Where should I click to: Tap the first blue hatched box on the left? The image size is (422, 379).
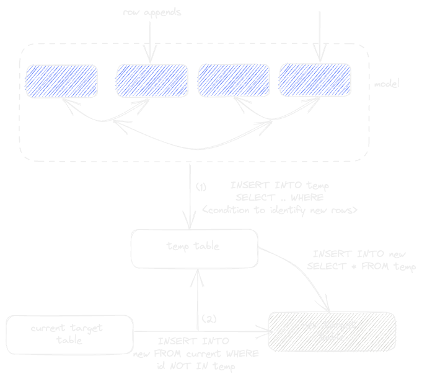pyautogui.click(x=61, y=81)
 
